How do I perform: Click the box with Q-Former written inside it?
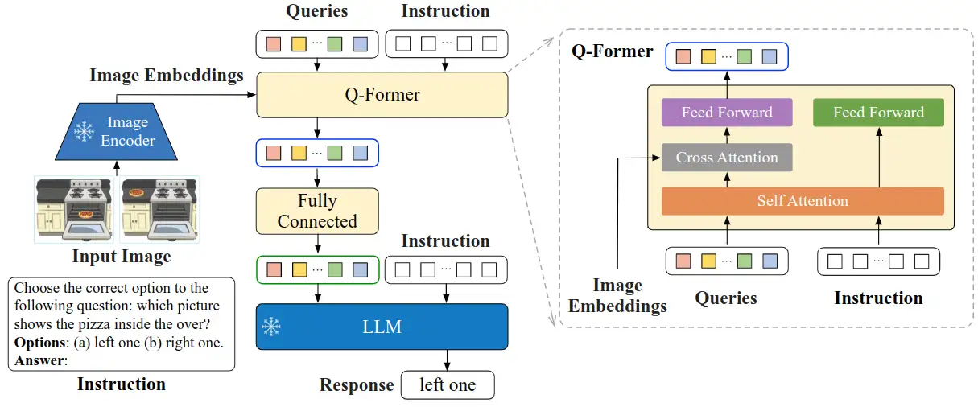[x=382, y=95]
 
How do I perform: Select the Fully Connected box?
[x=317, y=211]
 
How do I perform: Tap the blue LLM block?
[x=382, y=327]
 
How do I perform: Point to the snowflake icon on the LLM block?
[x=272, y=327]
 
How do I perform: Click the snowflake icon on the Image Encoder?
[x=84, y=132]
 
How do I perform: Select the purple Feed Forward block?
[x=726, y=113]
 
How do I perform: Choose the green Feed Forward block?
[x=878, y=113]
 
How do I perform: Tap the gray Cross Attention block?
[x=726, y=158]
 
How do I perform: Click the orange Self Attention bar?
[x=802, y=201]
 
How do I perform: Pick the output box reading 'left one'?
[x=448, y=385]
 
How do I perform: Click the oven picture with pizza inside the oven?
[x=72, y=208]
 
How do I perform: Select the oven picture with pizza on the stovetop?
[x=160, y=208]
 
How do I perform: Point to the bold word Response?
[x=357, y=385]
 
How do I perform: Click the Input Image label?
[x=122, y=257]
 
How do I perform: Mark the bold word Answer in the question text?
[x=39, y=360]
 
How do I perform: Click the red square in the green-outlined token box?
[x=273, y=270]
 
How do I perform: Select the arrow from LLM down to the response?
[x=448, y=360]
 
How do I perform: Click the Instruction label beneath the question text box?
[x=122, y=384]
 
